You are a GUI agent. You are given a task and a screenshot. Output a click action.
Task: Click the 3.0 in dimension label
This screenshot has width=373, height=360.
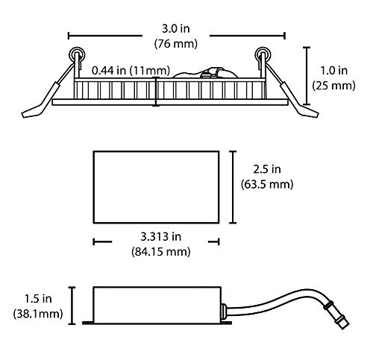(x=176, y=29)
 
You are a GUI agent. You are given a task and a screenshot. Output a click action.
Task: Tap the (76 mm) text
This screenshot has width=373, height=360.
(x=176, y=44)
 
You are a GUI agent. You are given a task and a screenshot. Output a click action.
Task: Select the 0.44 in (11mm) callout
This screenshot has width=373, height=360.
(x=131, y=71)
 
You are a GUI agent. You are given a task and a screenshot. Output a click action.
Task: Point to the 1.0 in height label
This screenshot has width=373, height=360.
(x=333, y=71)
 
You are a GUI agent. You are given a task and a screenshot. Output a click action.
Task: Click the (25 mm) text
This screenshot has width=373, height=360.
(x=333, y=86)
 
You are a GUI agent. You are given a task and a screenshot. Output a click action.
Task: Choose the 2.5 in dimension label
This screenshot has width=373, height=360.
(x=267, y=169)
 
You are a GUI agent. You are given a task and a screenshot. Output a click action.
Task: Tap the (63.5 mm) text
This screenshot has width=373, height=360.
(x=267, y=185)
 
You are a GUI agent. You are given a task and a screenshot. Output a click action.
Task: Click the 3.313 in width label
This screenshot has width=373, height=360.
(x=161, y=236)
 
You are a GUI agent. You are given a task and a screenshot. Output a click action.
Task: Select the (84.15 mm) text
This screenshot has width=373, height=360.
(x=161, y=252)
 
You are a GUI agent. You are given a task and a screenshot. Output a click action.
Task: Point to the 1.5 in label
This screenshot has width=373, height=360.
(x=38, y=299)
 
